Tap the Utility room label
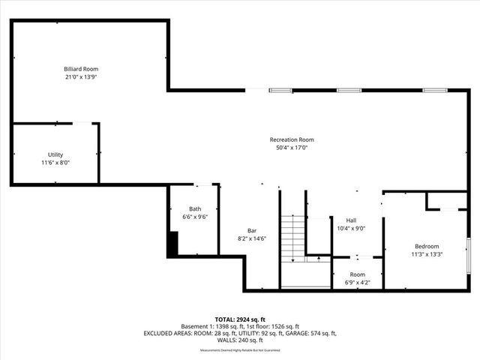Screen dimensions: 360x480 point(55,154)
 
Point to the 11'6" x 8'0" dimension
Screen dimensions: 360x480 point(55,162)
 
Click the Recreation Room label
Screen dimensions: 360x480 point(292,139)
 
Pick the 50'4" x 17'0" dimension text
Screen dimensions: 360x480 point(292,148)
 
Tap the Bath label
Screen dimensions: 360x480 point(195,208)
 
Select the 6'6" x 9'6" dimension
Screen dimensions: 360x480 point(195,217)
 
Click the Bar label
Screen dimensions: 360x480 point(253,230)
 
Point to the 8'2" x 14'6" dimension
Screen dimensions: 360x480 point(253,238)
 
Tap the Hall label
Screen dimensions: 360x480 point(351,220)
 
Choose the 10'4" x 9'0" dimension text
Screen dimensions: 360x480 point(351,228)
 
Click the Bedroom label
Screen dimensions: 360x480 point(427,246)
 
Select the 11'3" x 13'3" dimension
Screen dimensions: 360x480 point(427,254)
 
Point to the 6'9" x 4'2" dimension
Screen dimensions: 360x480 point(357,282)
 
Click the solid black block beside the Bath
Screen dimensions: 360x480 point(172,244)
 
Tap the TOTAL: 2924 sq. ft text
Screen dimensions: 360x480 point(239,319)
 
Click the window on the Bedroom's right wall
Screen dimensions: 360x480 point(468,255)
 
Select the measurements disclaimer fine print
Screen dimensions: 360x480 point(239,349)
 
